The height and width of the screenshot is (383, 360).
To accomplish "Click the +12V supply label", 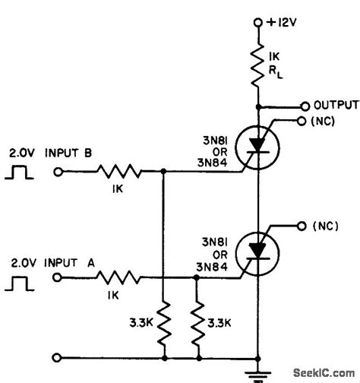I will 286,23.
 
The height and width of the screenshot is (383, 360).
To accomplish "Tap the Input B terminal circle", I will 58,173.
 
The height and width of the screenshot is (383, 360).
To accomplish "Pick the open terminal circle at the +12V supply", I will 259,23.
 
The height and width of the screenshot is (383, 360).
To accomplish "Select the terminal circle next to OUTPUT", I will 305,105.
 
